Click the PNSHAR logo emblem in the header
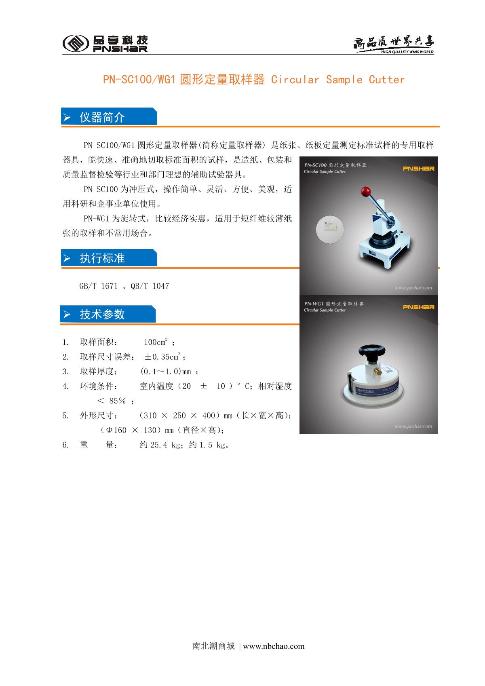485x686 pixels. (x=76, y=43)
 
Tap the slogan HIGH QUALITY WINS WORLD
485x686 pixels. (x=407, y=52)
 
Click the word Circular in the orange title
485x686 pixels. (x=295, y=80)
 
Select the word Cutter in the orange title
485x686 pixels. (x=386, y=80)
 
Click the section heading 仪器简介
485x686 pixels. (x=102, y=117)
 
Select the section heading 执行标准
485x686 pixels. (x=102, y=258)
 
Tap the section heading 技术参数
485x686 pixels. (x=102, y=314)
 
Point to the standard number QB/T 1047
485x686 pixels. (x=150, y=286)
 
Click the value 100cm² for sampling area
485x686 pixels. (x=156, y=342)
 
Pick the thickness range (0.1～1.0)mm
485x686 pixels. (x=165, y=371)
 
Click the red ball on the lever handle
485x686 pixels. (x=366, y=192)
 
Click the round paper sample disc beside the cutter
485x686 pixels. (x=330, y=229)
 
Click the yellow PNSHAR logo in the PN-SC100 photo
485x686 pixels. (x=418, y=169)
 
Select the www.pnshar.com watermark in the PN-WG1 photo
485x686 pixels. (x=413, y=426)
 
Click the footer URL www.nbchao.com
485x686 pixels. (x=274, y=646)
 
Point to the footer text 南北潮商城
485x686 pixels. (x=213, y=646)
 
